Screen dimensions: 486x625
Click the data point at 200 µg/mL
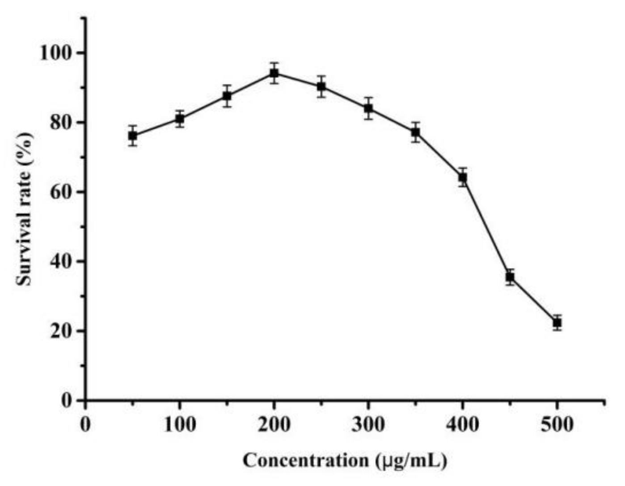point(274,73)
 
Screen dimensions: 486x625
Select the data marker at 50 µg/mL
point(132,136)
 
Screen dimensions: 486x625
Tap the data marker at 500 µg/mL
point(557,322)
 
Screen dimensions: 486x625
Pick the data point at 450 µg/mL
point(510,277)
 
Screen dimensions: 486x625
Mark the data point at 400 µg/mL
point(463,178)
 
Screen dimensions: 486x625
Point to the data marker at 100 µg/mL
point(180,119)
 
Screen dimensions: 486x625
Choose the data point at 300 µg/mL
point(368,108)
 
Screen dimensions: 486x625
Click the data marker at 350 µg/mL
point(415,132)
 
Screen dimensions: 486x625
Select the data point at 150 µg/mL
point(227,96)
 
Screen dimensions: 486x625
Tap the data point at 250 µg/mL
point(321,86)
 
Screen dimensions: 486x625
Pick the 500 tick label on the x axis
point(557,424)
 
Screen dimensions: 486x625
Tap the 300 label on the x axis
point(368,424)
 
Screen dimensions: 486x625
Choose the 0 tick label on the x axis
point(85,424)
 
